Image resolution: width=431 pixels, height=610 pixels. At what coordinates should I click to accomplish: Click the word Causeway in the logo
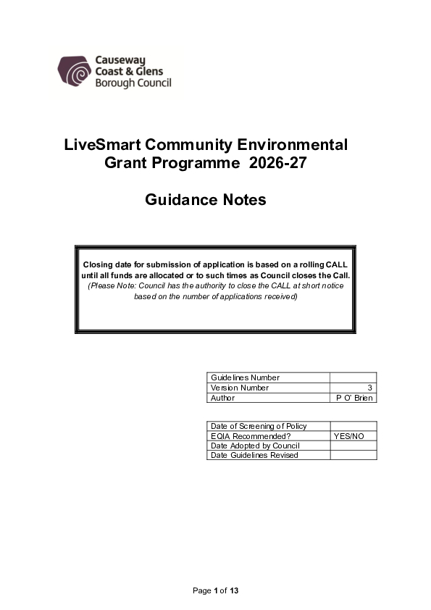point(119,61)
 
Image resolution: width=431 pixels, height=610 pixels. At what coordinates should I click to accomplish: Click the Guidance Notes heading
point(206,199)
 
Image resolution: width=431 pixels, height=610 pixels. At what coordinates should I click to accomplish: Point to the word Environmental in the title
point(296,144)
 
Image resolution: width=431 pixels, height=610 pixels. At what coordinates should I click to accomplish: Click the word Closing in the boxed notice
point(99,265)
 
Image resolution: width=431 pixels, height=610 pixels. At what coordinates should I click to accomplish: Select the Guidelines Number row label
point(245,377)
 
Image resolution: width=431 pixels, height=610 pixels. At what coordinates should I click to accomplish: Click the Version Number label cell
point(240,388)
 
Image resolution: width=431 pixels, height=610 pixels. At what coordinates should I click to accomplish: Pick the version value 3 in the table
point(370,388)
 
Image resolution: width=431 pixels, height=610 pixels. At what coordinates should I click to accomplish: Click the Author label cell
point(223,398)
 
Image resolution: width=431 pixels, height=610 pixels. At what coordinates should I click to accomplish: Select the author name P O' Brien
point(354,398)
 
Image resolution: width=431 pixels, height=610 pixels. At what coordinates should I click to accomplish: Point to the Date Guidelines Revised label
point(254,455)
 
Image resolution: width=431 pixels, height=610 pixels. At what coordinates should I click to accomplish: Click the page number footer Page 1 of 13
point(215,591)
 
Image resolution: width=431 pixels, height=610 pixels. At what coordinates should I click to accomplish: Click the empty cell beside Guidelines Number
point(353,377)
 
